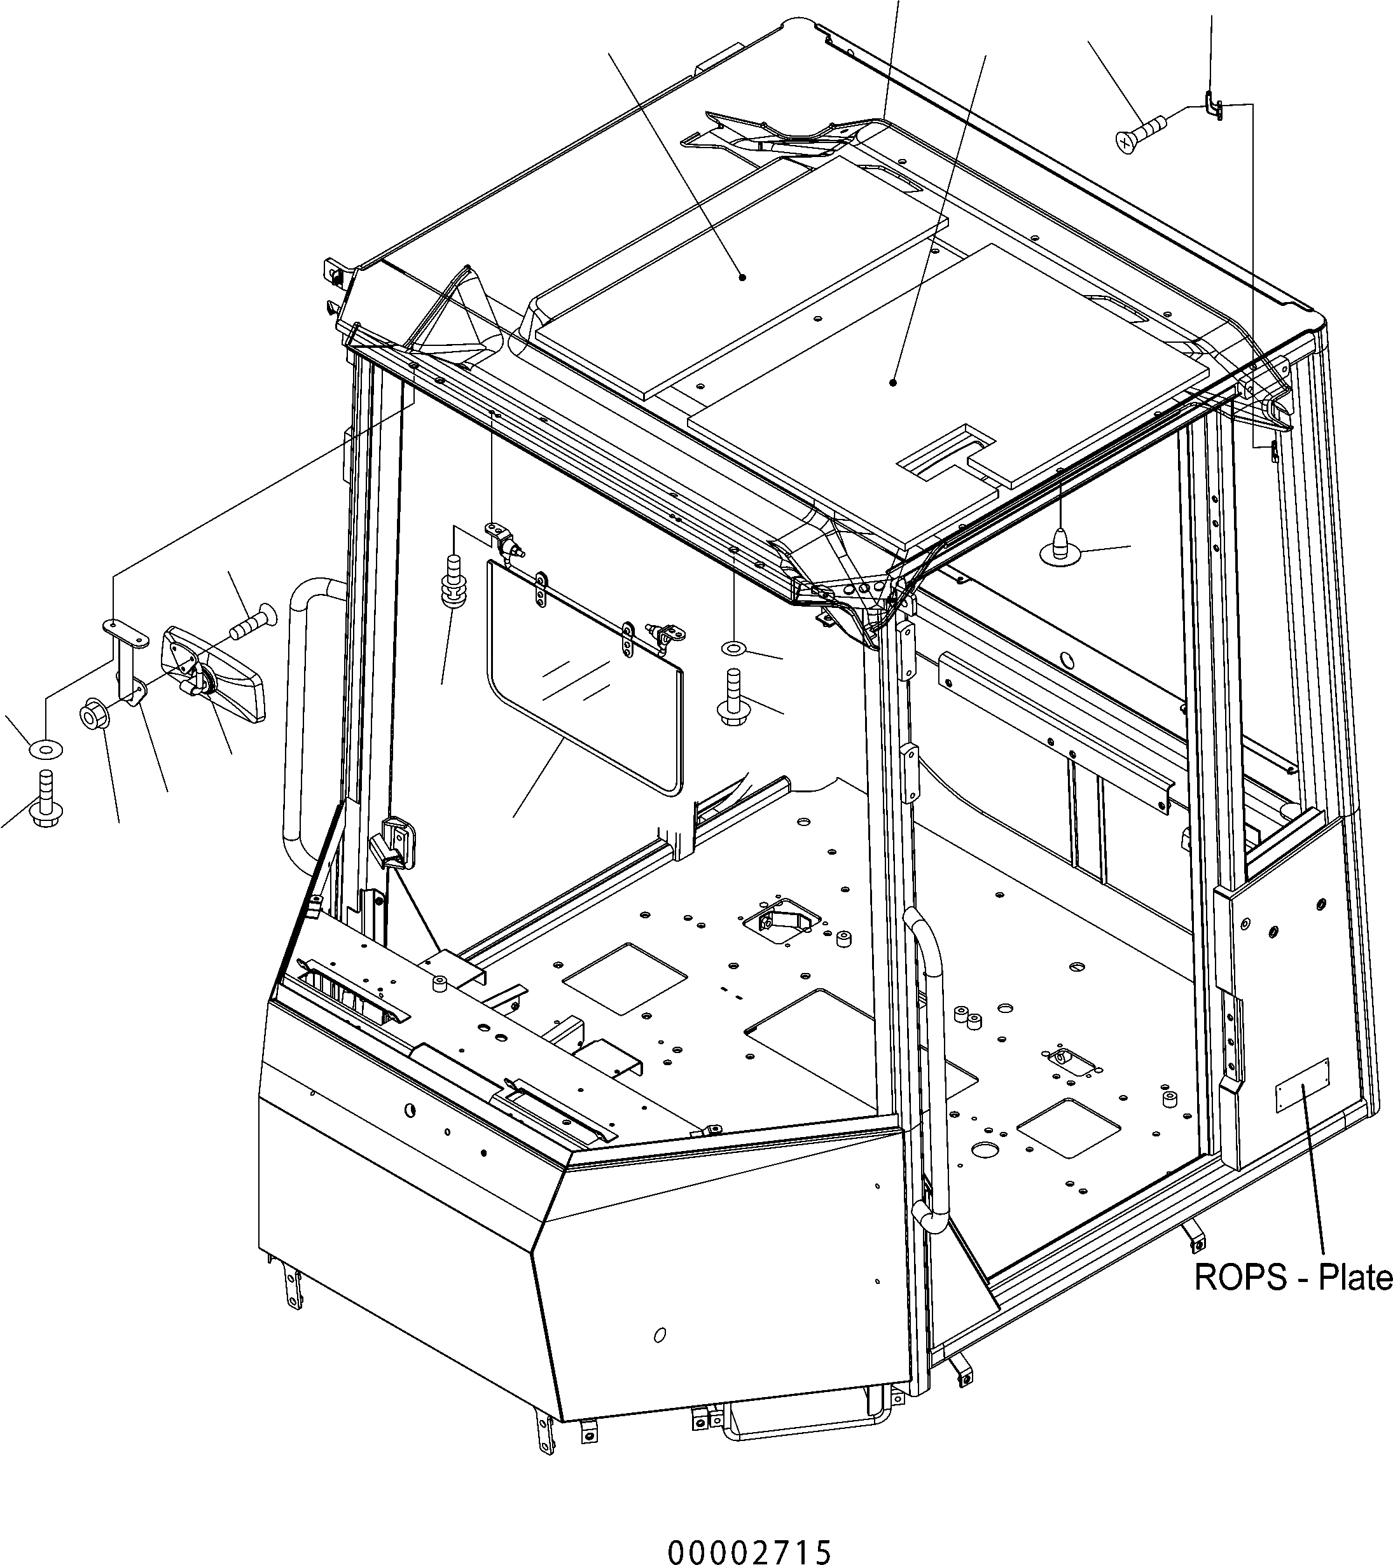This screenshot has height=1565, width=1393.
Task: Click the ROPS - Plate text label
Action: coord(1293,1277)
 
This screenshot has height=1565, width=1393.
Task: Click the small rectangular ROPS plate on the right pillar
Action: coord(1301,1084)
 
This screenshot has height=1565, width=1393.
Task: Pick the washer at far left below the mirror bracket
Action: coord(45,747)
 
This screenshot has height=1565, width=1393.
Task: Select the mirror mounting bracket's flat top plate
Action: coord(125,631)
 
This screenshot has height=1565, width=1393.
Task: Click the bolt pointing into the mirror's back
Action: coord(251,621)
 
